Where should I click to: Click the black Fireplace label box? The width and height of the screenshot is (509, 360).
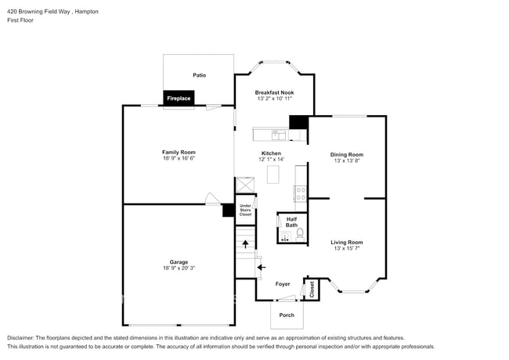coord(179,99)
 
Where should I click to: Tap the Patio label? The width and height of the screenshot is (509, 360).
coord(199,75)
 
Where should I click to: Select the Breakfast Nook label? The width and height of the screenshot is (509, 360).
coord(274,92)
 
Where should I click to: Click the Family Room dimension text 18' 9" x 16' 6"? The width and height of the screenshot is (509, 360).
coord(179,159)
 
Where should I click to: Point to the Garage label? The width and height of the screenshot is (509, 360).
coord(179,262)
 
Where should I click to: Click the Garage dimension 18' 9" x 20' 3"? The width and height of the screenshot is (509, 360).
coord(179,268)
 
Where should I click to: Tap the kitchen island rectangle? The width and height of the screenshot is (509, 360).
coord(273,175)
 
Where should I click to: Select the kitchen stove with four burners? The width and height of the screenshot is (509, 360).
coord(300,192)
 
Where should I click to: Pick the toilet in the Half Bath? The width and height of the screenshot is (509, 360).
coord(299,232)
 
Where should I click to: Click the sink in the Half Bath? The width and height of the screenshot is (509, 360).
coord(285,234)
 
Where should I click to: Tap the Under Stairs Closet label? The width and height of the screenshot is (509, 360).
coord(245,210)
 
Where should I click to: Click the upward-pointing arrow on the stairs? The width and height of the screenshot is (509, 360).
coord(245,244)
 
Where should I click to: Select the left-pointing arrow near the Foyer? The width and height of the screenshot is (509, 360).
coord(262,267)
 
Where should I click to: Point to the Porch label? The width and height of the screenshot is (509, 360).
coord(286,315)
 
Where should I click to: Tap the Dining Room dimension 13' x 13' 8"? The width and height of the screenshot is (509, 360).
coord(347,161)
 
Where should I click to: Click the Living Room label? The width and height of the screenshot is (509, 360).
coord(347,243)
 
